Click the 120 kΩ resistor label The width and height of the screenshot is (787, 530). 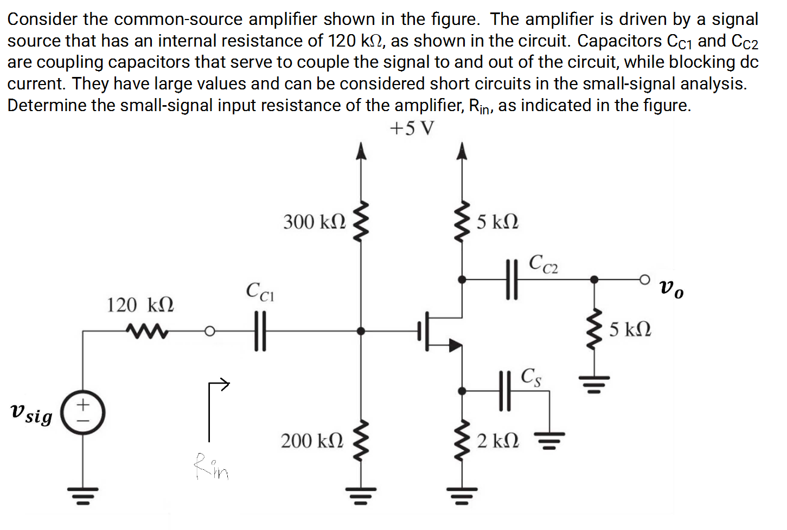(140, 305)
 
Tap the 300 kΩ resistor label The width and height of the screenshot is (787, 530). (314, 222)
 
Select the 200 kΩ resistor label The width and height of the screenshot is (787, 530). (312, 441)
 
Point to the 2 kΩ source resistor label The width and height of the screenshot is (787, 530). (498, 441)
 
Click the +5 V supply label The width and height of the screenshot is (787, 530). (412, 128)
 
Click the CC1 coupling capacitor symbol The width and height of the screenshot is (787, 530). (260, 331)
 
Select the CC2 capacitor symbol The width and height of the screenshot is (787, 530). (511, 280)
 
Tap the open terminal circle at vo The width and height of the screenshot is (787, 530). (644, 280)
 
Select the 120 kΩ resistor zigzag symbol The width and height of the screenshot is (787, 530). (146, 329)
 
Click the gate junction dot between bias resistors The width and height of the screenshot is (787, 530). (361, 331)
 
